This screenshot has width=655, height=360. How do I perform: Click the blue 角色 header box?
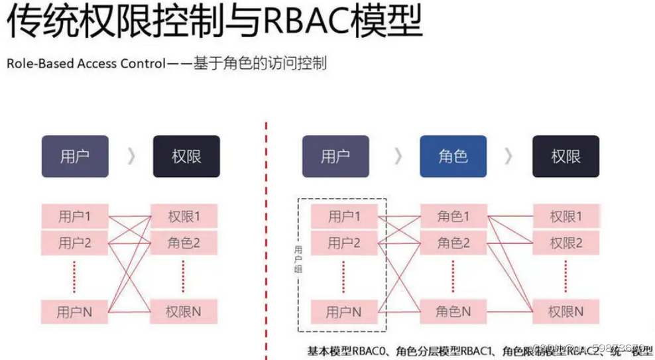[x=453, y=156]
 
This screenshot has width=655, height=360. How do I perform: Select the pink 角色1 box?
[x=453, y=216]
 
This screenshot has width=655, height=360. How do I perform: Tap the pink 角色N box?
[x=453, y=311]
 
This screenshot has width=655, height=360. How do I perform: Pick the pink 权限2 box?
[x=566, y=243]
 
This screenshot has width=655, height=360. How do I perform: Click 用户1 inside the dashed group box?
[x=344, y=216]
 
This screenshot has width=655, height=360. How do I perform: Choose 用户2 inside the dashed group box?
[x=344, y=243]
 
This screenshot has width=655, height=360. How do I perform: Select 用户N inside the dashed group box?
[x=344, y=311]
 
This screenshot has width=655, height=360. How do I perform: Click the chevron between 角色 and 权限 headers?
[x=508, y=156]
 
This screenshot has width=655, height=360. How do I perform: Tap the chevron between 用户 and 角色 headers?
[x=398, y=156]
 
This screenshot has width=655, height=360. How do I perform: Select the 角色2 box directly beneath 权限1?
[x=184, y=243]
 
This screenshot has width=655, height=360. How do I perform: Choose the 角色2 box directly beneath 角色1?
[x=453, y=243]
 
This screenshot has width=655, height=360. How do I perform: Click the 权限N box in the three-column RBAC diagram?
[x=566, y=311]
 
